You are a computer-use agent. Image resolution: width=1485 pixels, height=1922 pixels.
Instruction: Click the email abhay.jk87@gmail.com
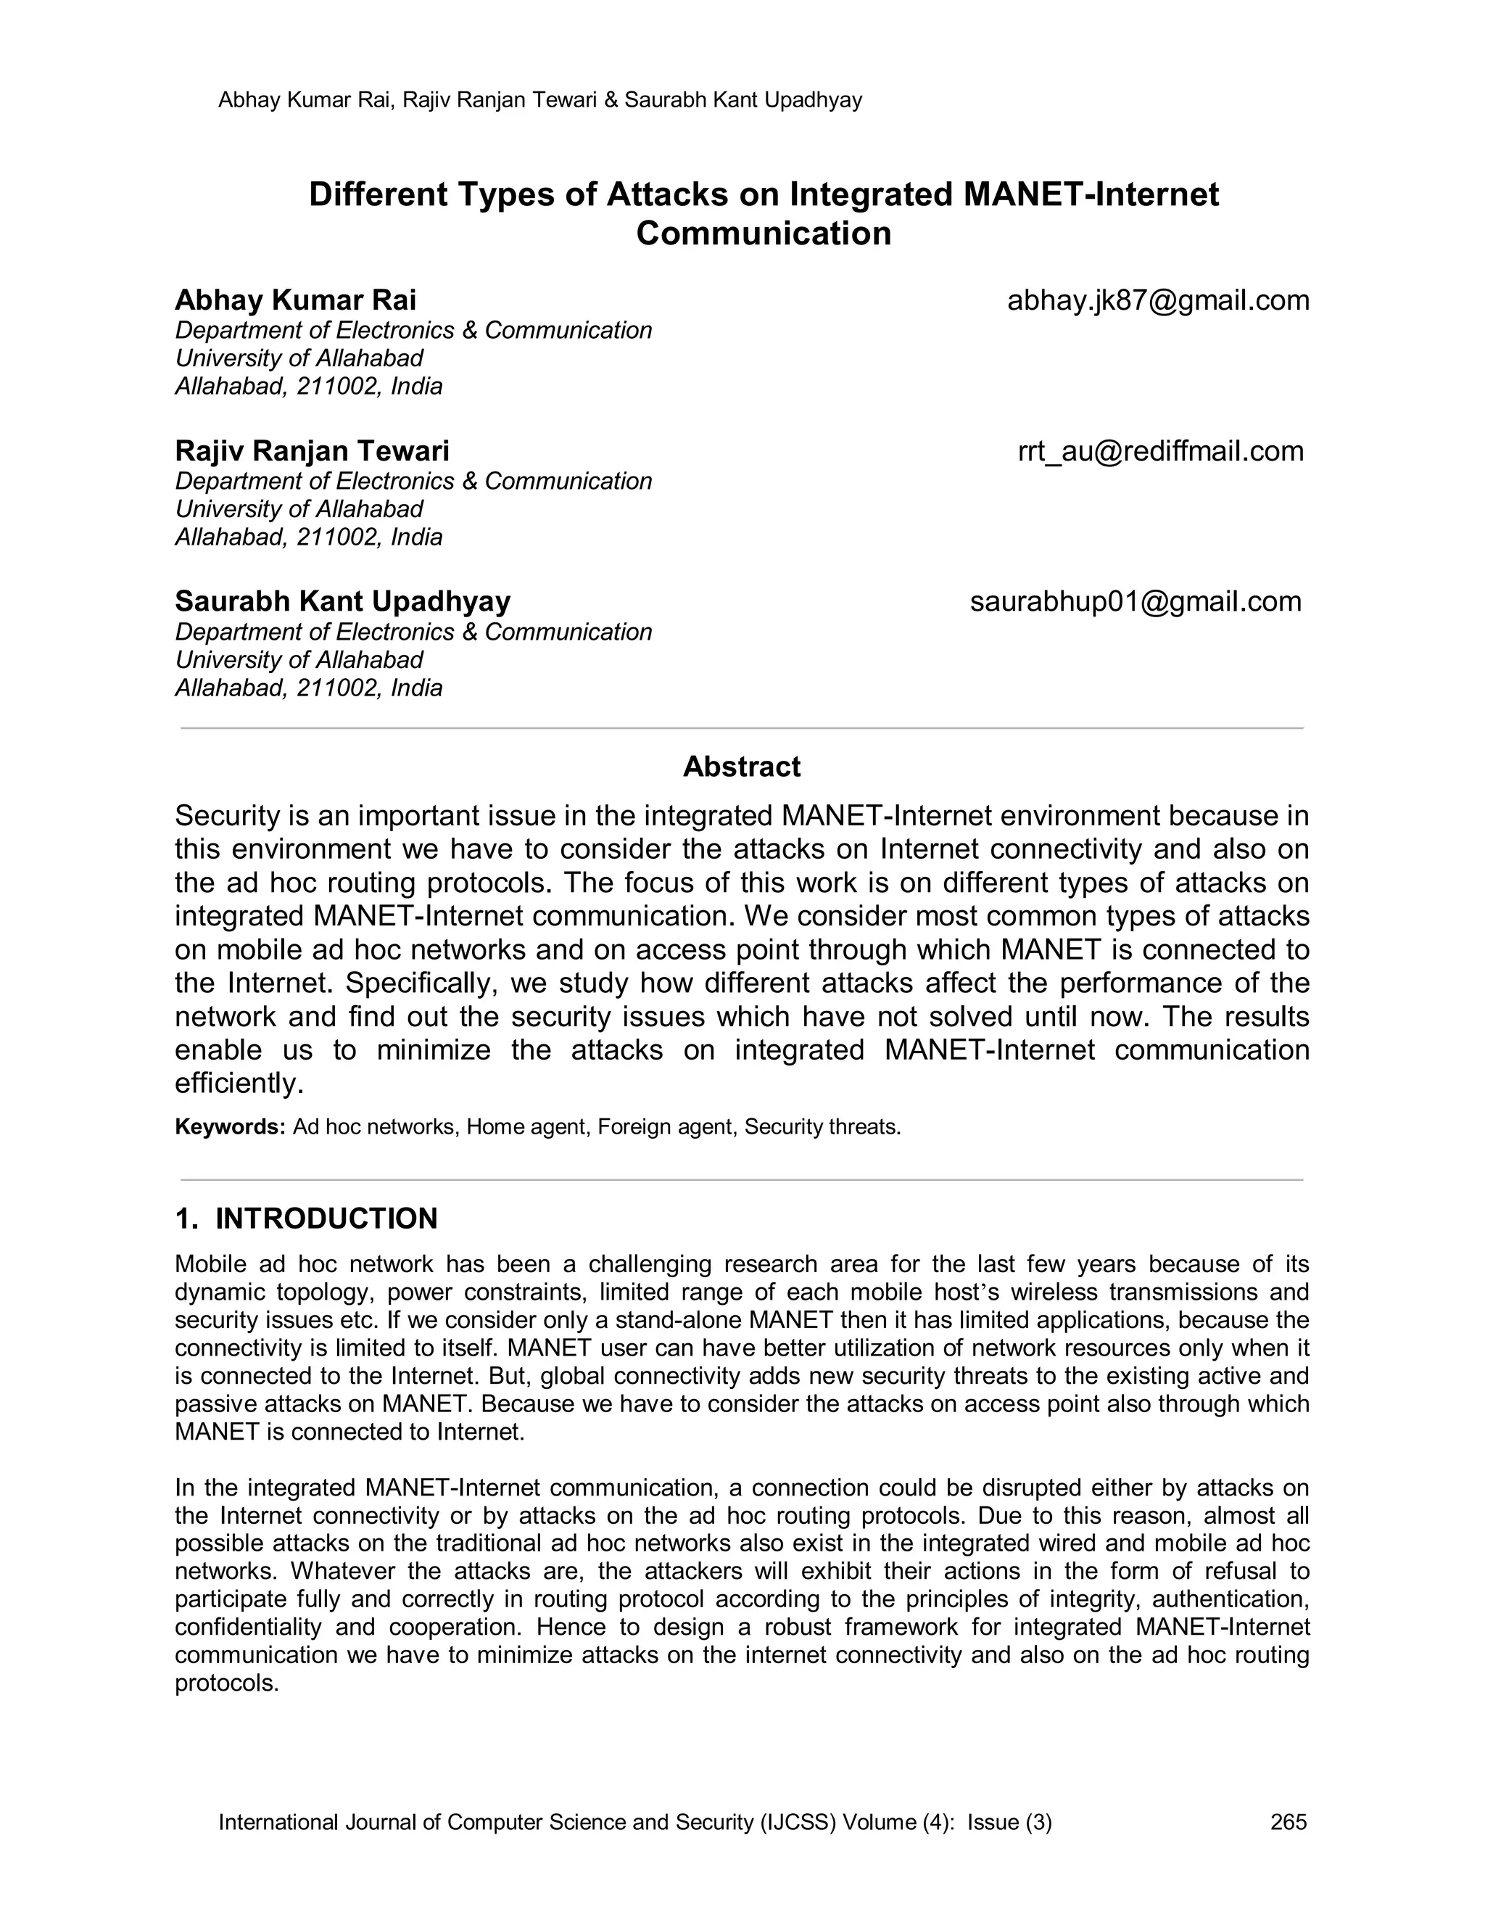tap(1158, 301)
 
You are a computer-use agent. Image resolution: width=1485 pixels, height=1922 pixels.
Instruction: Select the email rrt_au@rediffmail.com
tap(1159, 451)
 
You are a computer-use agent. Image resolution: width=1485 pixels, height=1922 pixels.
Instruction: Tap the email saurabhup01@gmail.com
tap(1135, 602)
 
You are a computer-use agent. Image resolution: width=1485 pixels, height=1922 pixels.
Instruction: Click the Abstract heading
tap(742, 767)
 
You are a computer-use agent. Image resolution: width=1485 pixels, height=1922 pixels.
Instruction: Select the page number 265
tap(1288, 1823)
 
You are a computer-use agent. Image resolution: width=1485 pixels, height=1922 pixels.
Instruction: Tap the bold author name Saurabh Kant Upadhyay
tap(342, 602)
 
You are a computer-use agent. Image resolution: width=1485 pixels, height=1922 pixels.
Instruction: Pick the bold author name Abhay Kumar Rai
tap(296, 301)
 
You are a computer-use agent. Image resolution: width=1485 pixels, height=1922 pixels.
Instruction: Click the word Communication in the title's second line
tap(764, 234)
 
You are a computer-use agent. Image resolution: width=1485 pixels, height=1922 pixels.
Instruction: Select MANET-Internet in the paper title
tap(1091, 194)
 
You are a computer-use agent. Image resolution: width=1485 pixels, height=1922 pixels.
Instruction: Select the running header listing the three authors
tap(539, 100)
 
